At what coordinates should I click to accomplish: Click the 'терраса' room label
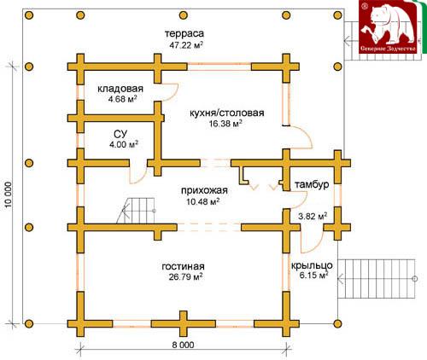[x=184, y=33]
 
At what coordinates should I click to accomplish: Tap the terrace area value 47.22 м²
[x=186, y=45]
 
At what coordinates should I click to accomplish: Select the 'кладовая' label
[x=120, y=89]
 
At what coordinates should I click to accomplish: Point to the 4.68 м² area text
[x=121, y=99]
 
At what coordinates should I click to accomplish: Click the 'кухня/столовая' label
[x=227, y=113]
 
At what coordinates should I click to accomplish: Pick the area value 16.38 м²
[x=225, y=124]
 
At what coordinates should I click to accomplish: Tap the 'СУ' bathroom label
[x=120, y=134]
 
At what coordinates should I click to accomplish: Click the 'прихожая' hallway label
[x=204, y=190]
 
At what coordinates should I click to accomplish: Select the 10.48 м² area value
[x=202, y=201]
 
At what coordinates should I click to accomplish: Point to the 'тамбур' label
[x=312, y=184]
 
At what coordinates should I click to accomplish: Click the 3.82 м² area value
[x=313, y=216]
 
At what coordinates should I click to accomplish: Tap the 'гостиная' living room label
[x=183, y=266]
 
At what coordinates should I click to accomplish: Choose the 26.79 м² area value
[x=185, y=276]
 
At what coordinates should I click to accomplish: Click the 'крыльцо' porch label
[x=312, y=265]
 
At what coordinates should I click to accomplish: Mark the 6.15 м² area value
[x=313, y=276]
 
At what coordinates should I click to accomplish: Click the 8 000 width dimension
[x=183, y=345]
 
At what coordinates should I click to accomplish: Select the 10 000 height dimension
[x=9, y=195]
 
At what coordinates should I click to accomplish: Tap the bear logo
[x=388, y=26]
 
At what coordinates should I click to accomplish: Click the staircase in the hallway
[x=136, y=211]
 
